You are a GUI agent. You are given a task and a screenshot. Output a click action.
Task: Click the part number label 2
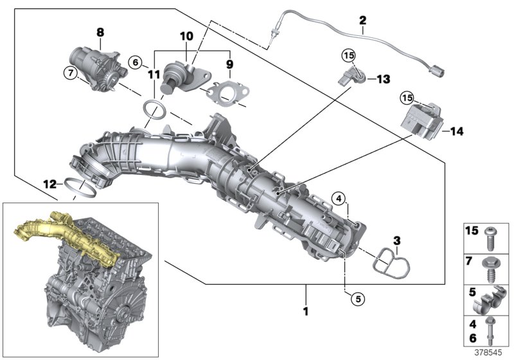[x=362, y=21]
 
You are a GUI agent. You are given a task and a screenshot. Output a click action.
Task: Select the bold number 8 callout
[x=100, y=32]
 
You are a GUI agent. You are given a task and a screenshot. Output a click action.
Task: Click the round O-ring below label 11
[x=154, y=110]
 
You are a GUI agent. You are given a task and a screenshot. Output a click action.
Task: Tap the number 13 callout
[x=383, y=79]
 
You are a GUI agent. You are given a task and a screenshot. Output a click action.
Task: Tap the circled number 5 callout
[x=357, y=298]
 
